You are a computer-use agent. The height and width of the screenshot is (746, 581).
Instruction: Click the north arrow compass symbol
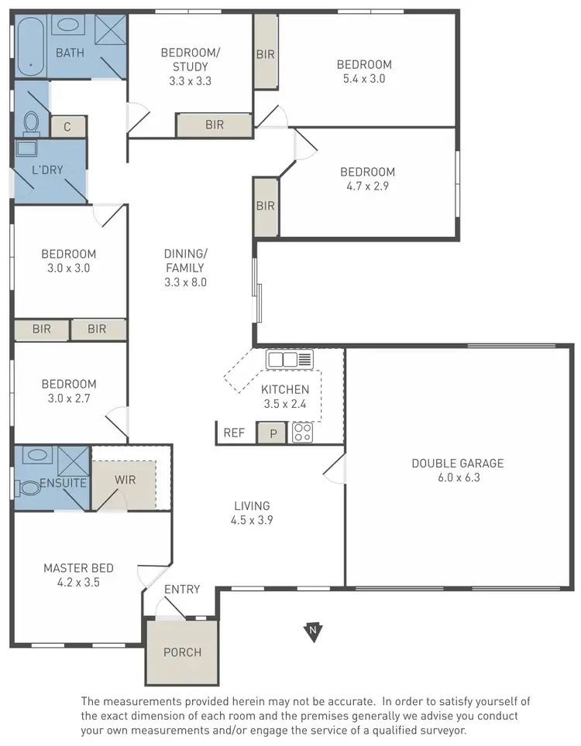click(x=313, y=632)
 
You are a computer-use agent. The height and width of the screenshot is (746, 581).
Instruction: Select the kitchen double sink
click(x=289, y=360)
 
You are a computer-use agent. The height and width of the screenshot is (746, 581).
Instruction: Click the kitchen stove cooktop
click(x=302, y=433)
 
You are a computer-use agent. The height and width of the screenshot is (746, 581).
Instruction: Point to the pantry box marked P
click(x=272, y=433)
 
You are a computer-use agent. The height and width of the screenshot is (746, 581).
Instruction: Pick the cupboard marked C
click(x=68, y=127)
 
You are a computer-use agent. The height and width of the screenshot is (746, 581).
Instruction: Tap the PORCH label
click(x=182, y=652)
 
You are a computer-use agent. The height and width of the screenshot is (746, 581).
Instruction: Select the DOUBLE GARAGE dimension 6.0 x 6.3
click(x=457, y=477)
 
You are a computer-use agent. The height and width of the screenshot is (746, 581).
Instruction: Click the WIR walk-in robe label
click(x=125, y=480)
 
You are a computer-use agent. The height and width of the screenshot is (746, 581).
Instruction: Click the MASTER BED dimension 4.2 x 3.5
click(x=71, y=583)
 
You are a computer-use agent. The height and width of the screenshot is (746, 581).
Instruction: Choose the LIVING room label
click(x=253, y=506)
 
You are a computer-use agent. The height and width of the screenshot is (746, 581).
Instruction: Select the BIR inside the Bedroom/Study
click(x=215, y=124)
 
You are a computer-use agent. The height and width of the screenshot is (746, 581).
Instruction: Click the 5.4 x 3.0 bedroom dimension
click(x=363, y=78)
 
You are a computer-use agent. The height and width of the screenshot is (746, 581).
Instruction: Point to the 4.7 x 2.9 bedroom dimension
click(x=368, y=186)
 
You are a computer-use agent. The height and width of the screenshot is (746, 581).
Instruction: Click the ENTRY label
click(x=182, y=590)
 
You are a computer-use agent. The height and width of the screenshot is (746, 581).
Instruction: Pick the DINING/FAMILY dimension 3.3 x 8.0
click(x=185, y=282)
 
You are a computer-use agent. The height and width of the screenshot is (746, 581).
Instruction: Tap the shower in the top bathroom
click(x=108, y=33)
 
